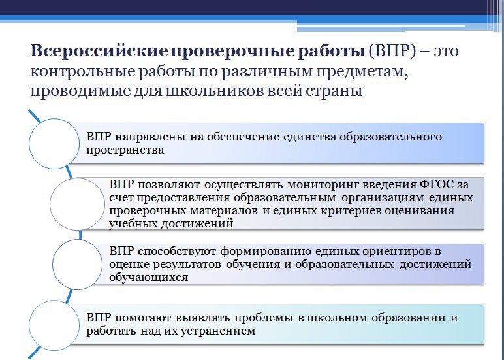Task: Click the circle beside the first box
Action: click(54, 144)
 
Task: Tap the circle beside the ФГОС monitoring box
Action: click(78, 204)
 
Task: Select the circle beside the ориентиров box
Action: click(78, 265)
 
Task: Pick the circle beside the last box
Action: click(54, 325)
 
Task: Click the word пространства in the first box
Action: click(125, 150)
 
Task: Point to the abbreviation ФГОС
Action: click(437, 185)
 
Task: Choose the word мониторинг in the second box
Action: click(323, 185)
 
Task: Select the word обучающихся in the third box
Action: click(148, 277)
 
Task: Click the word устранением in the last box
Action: click(218, 331)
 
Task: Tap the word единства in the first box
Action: click(309, 137)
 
